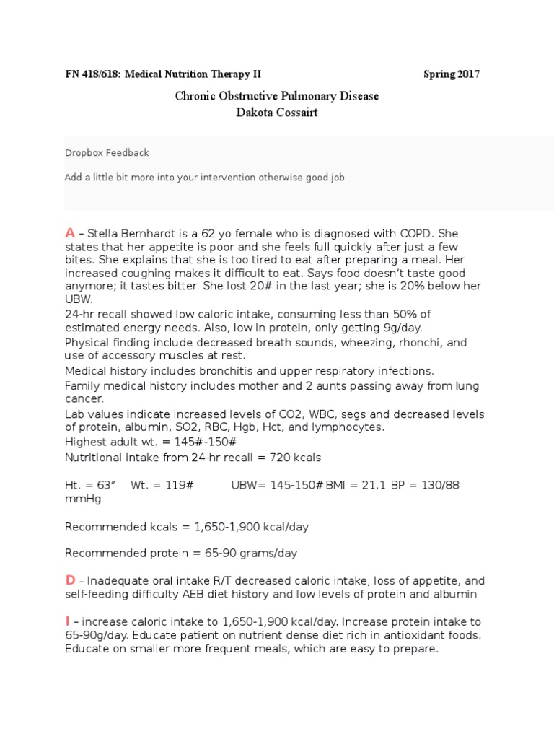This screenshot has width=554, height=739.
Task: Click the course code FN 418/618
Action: tap(93, 74)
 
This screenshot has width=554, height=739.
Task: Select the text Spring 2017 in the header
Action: tap(451, 74)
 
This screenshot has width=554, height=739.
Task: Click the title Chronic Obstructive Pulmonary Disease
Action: tap(277, 96)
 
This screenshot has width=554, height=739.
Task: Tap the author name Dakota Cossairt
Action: tap(277, 112)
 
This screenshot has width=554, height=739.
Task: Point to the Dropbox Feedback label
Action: tap(107, 153)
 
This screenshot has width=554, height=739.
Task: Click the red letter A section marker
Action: tap(70, 232)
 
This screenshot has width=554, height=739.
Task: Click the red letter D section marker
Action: tap(70, 580)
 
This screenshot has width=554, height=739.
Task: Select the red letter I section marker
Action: tap(67, 621)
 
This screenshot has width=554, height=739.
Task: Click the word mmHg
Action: tap(82, 499)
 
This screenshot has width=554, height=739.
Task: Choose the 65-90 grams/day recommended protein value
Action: tap(245, 554)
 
